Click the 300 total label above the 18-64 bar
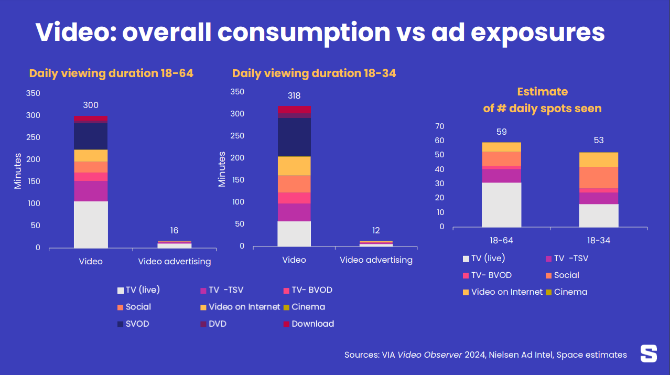91,105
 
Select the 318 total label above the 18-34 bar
294,96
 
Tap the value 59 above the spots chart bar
501,132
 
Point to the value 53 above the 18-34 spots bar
598,141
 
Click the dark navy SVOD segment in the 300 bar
91,136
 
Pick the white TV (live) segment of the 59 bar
501,205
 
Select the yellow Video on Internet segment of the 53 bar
598,159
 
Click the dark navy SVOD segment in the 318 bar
294,137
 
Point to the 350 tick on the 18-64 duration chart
33,93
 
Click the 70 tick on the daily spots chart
439,126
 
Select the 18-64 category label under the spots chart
501,241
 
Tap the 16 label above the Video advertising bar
174,231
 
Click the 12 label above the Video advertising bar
376,231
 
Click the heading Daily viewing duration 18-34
314,73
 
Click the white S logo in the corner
649,353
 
